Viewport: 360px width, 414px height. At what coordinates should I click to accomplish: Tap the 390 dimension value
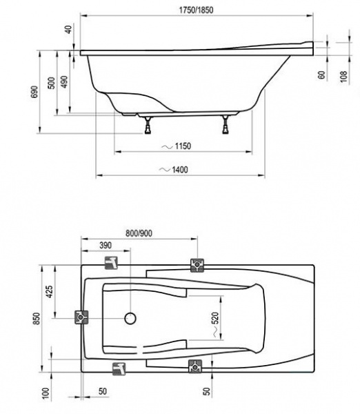(x=105, y=246)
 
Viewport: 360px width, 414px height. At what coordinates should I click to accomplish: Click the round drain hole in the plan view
(x=129, y=318)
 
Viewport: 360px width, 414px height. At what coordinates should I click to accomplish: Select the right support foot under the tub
(x=226, y=126)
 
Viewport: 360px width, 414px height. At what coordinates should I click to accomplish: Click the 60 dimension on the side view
(x=321, y=74)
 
